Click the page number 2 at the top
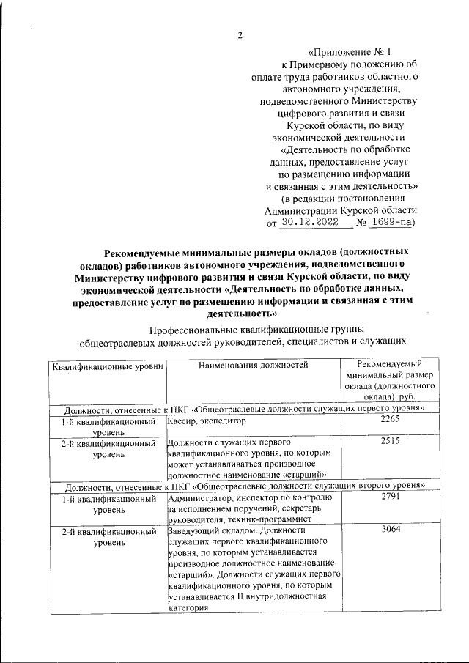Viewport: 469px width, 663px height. (239, 34)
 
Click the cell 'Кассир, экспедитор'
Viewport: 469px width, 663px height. (206, 422)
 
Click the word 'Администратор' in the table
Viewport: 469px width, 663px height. (199, 498)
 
